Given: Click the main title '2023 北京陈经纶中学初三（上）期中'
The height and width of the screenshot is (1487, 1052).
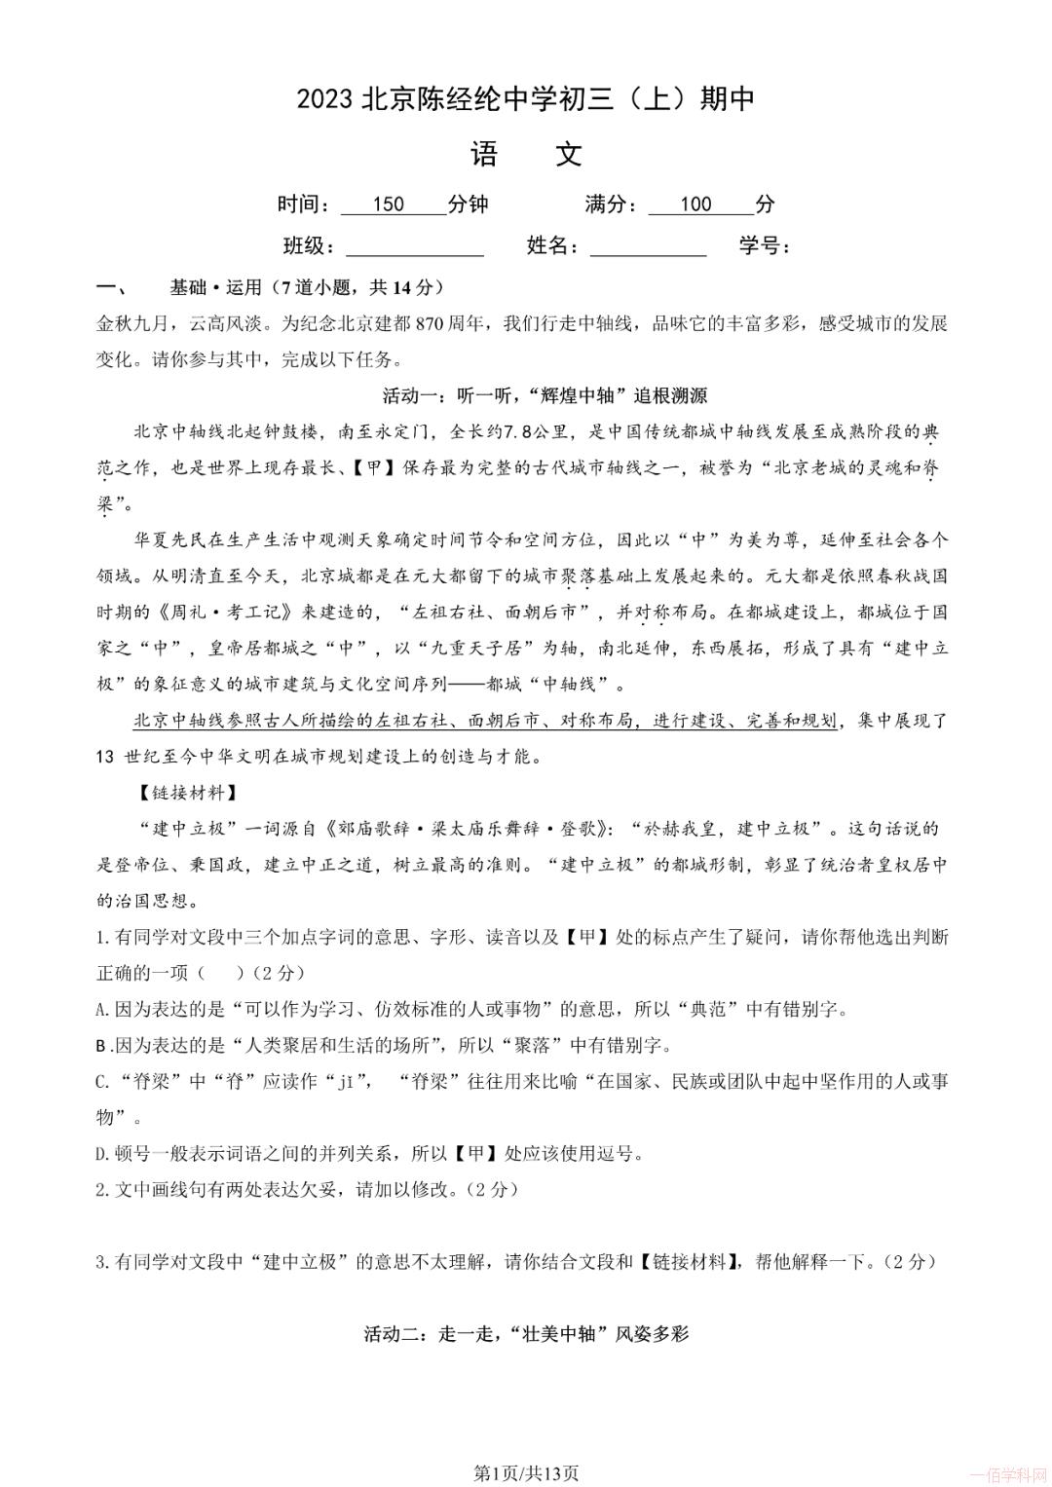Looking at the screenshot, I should coord(526,99).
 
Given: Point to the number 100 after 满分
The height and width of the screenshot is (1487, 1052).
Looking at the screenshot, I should coord(695,204).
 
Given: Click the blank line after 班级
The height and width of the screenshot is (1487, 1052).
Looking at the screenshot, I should coord(415,247).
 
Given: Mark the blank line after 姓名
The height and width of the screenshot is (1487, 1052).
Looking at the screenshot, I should coord(648,247).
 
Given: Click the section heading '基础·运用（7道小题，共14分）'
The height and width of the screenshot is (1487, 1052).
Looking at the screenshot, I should coord(306,287).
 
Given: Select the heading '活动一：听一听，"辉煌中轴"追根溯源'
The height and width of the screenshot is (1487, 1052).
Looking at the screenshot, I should coord(545,395).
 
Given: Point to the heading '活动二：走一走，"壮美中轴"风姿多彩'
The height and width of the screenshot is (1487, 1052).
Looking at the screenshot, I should coord(526,1333).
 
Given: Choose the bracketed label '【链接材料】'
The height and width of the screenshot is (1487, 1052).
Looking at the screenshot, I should coord(175,793).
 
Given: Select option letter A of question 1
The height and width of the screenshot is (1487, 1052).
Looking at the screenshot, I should coord(102,1009).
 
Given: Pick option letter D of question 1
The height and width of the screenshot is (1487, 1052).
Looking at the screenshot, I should coord(102,1153).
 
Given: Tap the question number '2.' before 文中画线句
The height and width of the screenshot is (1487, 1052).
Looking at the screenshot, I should coord(104,1189).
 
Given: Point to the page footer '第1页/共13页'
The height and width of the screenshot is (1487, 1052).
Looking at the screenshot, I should coord(526,1473).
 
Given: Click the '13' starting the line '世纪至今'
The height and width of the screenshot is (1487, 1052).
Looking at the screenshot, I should coord(106,757).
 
